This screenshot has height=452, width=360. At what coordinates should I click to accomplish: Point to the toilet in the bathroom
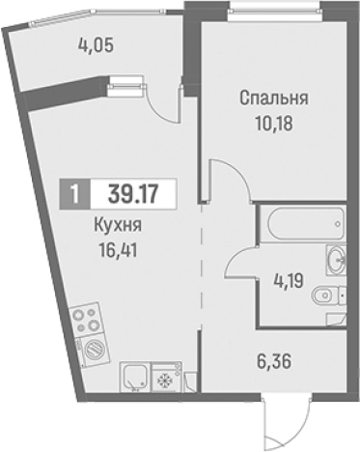click(x=330, y=294)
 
